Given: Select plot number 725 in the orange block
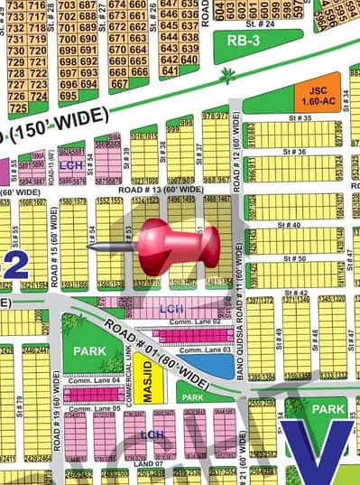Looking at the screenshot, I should click(18, 107).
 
